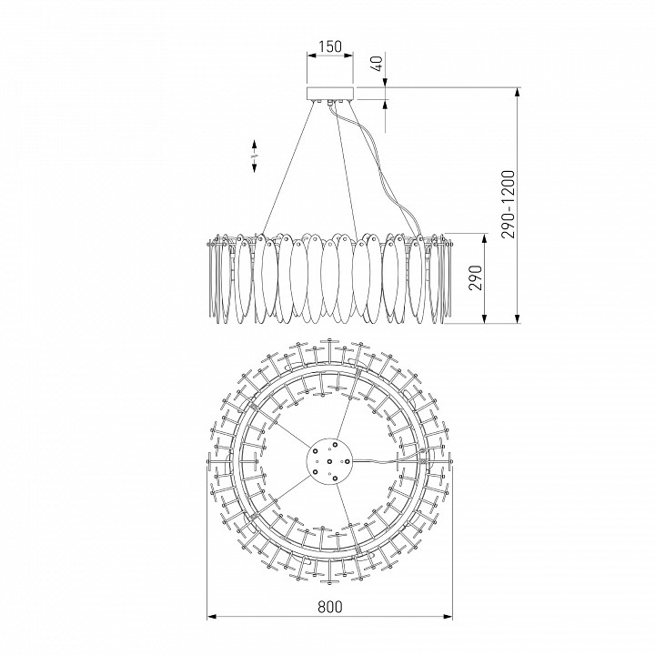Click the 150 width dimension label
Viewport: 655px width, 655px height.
click(330, 46)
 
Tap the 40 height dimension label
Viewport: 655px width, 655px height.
click(377, 64)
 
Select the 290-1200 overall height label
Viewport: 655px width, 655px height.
click(508, 205)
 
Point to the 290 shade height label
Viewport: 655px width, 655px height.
click(476, 277)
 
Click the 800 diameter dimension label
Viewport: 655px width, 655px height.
click(329, 606)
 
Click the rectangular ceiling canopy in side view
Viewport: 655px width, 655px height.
click(330, 94)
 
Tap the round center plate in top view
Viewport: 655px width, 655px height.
click(329, 461)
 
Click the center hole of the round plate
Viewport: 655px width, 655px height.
click(329, 461)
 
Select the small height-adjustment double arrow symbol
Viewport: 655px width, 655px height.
click(254, 156)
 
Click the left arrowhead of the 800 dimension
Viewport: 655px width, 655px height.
click(212, 616)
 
